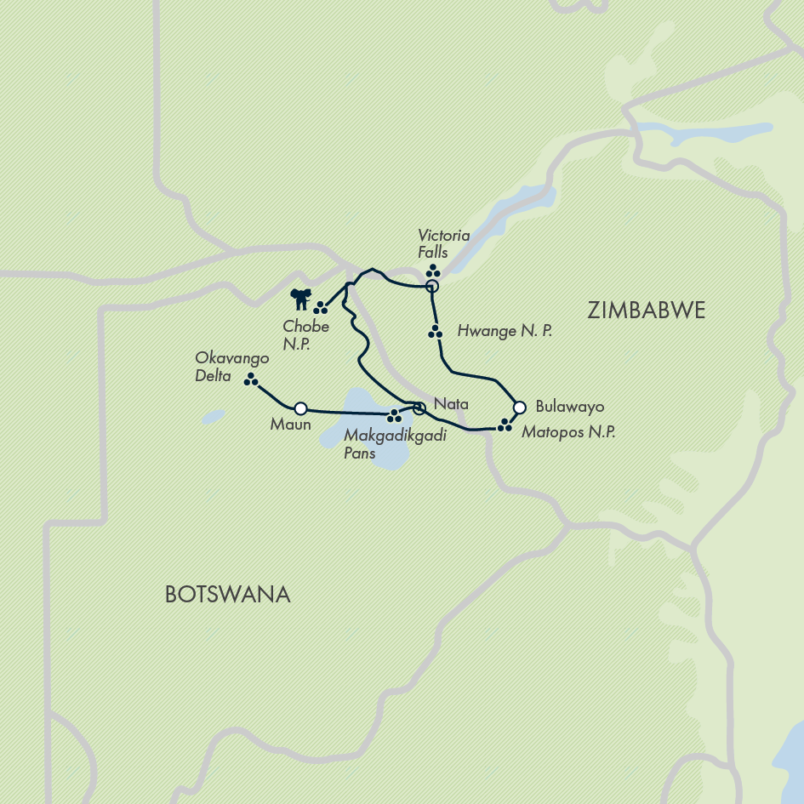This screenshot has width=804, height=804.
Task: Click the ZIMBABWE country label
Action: tap(646, 311)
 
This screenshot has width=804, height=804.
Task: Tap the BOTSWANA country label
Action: tap(227, 594)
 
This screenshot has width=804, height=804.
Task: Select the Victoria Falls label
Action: tap(432, 242)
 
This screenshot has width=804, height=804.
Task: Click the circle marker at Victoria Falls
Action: tap(431, 287)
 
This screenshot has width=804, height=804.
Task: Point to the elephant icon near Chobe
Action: tap(299, 299)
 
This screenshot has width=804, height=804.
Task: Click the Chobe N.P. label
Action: tap(306, 334)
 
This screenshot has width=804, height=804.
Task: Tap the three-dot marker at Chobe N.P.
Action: tap(321, 308)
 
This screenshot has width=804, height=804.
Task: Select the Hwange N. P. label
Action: tap(504, 331)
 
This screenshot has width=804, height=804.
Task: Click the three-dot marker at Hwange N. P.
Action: tap(436, 332)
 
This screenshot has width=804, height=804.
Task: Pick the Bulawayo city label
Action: tap(570, 407)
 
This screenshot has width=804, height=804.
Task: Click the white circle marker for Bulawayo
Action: tap(520, 407)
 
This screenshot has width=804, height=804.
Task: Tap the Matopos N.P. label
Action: tap(568, 432)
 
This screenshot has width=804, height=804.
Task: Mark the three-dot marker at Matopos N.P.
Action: tap(505, 424)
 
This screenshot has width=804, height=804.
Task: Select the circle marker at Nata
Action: tap(419, 408)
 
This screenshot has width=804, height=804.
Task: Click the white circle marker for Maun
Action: tap(299, 408)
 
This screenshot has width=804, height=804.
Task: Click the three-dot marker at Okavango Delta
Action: tap(251, 380)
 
